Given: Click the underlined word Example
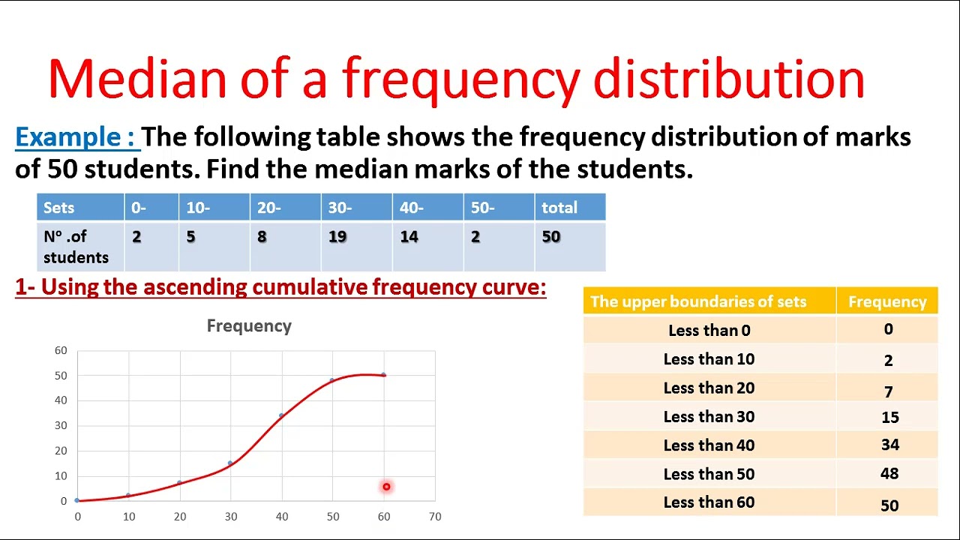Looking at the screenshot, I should click(75, 137).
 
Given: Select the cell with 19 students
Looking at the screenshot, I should click(337, 237).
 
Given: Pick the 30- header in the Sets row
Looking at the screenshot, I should click(340, 208).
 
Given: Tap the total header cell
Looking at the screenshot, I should click(559, 208).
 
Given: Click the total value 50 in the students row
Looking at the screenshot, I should click(551, 237).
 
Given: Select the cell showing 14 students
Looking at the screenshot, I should click(409, 237).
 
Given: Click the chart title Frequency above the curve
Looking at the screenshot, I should click(249, 326).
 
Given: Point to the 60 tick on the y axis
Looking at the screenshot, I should click(61, 350).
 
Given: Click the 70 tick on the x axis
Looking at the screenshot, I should click(435, 517).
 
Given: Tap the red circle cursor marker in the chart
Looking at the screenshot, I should click(386, 487).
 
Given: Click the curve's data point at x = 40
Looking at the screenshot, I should click(281, 415).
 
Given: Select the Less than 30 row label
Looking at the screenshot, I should click(709, 417).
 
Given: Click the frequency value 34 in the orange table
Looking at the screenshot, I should click(889, 445).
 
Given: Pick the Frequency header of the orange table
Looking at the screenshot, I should click(887, 301).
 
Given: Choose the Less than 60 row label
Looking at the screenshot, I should click(709, 502).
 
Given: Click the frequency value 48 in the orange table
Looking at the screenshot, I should click(889, 473).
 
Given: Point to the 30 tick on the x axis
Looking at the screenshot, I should click(231, 517).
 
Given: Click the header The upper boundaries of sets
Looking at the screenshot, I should click(698, 301).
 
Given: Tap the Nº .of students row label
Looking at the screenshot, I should click(76, 247).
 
